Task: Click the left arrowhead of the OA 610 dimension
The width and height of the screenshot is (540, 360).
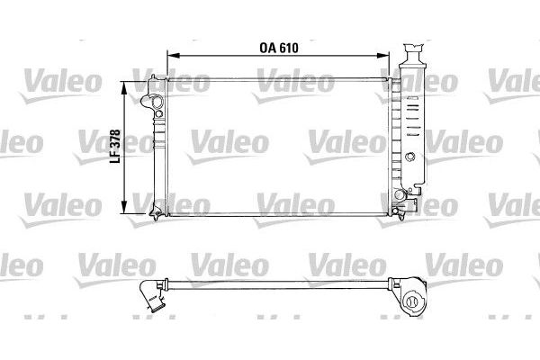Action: (x=159, y=57)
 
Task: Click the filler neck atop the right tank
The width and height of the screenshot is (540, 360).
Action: (x=414, y=49)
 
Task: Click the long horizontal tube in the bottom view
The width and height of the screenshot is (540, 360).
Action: (x=279, y=286)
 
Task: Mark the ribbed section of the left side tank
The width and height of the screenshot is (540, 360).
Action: (x=158, y=148)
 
